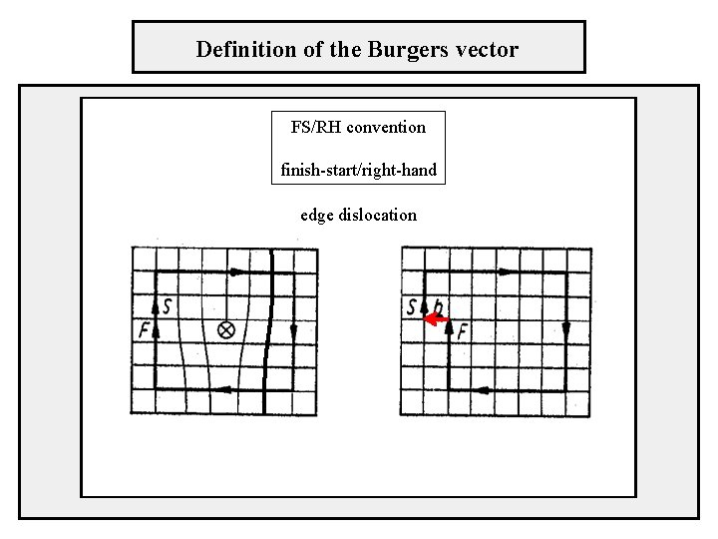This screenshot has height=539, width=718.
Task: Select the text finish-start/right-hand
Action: click(x=358, y=170)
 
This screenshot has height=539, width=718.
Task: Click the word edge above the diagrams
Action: click(x=317, y=215)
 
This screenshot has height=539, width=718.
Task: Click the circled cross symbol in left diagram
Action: click(x=225, y=329)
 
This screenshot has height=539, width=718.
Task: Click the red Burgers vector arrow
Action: click(x=436, y=320)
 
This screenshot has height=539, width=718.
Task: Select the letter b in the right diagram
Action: click(x=439, y=307)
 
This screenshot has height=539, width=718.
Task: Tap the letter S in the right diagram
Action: click(x=413, y=306)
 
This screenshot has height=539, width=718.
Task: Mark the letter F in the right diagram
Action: click(x=462, y=330)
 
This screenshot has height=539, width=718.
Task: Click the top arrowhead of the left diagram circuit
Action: click(x=237, y=270)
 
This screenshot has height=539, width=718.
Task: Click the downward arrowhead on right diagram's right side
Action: click(x=565, y=329)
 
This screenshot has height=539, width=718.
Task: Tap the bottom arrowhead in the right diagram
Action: click(x=482, y=389)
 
